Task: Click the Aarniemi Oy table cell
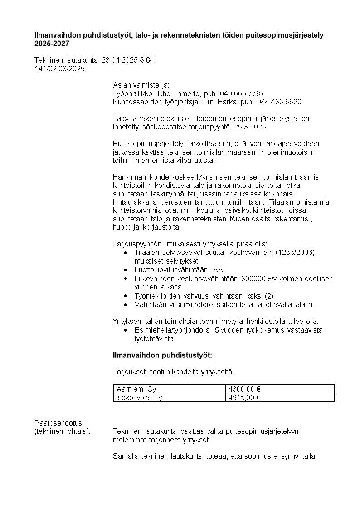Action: (136, 389)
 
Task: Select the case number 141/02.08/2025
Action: (59, 69)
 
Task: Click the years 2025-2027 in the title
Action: (52, 44)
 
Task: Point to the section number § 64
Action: (147, 60)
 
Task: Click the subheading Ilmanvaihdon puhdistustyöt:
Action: (162, 355)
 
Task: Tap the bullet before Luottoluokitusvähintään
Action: (126, 269)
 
